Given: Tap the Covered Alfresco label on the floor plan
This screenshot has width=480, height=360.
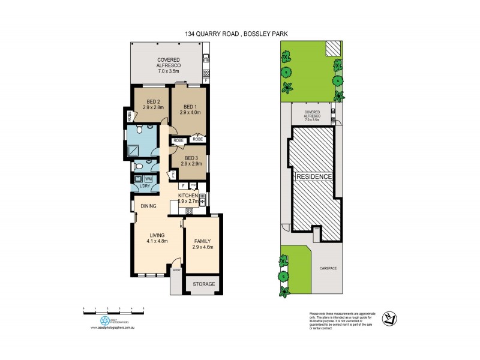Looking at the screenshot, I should point(169,60).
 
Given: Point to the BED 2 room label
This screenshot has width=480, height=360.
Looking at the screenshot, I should point(152,101).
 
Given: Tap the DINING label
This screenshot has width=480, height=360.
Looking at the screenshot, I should point(149,206).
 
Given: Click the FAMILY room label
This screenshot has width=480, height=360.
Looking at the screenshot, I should point(202,241).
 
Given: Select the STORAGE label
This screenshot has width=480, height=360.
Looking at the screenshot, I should point(203,284).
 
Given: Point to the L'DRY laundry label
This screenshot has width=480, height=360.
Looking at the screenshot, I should point(144,187).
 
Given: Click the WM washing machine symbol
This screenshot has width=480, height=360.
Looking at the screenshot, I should point(148,178).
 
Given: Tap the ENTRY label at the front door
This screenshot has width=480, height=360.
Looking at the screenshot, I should point(176,271).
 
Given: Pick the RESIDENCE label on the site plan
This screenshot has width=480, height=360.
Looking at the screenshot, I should point(313,177).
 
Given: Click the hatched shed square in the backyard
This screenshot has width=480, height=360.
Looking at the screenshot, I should point(333,49).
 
